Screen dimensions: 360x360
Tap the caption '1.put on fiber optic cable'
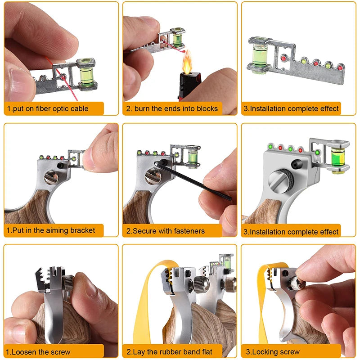pos(47,108)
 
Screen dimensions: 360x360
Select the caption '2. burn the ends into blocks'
pos(171,108)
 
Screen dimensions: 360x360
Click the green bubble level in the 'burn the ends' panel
pos(177,37)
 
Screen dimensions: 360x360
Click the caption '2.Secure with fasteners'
pos(165,231)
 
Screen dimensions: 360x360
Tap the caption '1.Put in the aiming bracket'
pos(51,230)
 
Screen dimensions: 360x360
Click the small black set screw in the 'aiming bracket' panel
pos(60,166)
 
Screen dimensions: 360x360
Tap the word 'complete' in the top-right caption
pos(301,108)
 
